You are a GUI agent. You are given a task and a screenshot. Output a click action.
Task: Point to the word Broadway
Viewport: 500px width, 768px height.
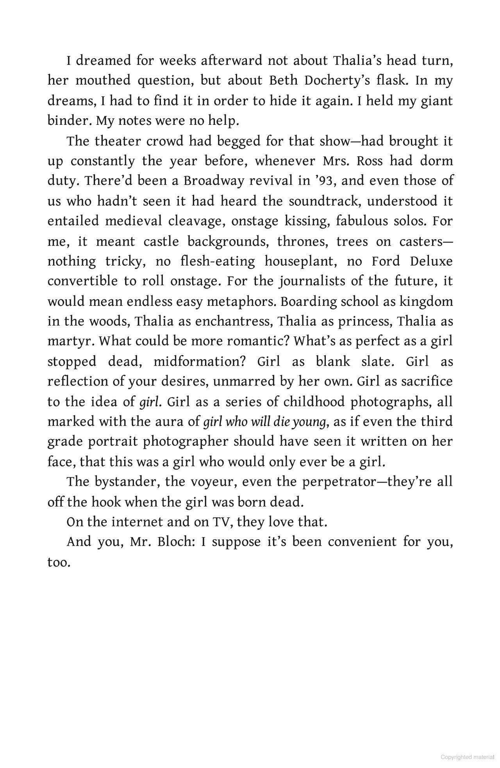click(211, 181)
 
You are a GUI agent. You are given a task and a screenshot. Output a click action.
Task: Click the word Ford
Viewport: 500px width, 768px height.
click(386, 261)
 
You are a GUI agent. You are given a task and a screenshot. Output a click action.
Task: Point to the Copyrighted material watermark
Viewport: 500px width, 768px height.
click(467, 757)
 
